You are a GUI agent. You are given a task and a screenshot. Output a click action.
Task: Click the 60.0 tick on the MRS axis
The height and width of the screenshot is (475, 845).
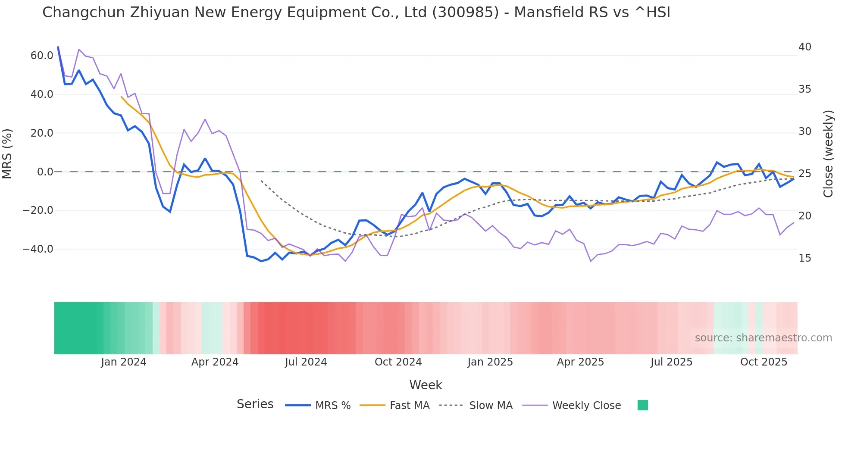click(x=42, y=56)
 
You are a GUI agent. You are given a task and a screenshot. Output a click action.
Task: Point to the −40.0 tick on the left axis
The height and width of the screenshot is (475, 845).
click(x=38, y=249)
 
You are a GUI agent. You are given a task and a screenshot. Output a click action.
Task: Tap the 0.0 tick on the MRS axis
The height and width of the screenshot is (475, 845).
click(x=45, y=172)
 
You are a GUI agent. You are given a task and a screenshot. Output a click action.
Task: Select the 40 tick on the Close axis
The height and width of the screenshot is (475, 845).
click(x=804, y=47)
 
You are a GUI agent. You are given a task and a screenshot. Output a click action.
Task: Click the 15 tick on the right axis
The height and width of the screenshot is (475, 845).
click(x=804, y=258)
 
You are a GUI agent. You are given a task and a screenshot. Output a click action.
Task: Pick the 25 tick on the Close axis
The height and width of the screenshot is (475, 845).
click(x=804, y=174)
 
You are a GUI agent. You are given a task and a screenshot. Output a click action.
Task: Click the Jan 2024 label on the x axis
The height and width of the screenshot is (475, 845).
click(x=124, y=362)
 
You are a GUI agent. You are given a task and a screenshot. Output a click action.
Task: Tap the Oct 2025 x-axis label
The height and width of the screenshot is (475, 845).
click(x=764, y=362)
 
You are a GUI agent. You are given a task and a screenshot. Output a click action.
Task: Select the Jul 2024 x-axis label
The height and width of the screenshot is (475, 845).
click(x=306, y=362)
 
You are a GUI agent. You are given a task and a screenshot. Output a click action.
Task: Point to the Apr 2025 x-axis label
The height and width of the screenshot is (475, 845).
click(x=580, y=362)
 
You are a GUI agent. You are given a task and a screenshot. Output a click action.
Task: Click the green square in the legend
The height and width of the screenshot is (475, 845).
click(x=642, y=405)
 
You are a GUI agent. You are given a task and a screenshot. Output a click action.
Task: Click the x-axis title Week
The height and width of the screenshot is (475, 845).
click(x=426, y=385)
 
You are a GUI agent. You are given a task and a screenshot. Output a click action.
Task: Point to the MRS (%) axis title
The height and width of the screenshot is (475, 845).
click(x=7, y=153)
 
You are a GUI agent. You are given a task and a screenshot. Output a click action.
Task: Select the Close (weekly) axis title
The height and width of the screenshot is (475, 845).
click(x=828, y=153)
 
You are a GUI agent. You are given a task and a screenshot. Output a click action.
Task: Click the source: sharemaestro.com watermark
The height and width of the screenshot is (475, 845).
click(x=763, y=338)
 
